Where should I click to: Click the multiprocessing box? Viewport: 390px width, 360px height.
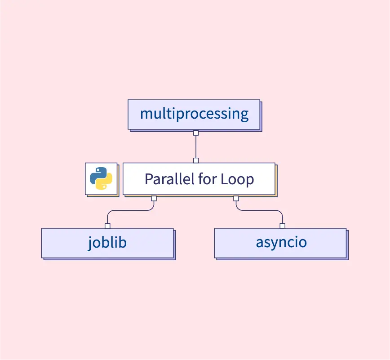[x=194, y=114]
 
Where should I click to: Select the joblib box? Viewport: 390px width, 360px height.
[x=107, y=243]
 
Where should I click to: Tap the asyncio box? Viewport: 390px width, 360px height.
[x=280, y=243]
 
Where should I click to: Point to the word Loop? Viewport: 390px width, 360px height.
[x=237, y=179]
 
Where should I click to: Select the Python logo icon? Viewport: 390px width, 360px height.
[x=101, y=178]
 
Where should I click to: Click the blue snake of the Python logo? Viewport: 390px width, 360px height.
[x=98, y=175]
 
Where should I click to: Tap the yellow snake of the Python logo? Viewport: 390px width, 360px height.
[x=105, y=182]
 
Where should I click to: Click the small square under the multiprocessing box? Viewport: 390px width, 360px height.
[x=196, y=133]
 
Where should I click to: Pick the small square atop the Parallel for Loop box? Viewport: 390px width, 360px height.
[x=196, y=160]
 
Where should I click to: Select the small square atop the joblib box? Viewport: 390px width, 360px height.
[x=107, y=226]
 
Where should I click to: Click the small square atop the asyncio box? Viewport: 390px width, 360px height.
[x=282, y=226]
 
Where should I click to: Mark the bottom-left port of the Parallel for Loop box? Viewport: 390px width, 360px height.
[x=154, y=198]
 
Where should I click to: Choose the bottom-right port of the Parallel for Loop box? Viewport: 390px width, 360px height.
[x=236, y=198]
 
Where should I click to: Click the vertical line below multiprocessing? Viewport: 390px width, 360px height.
[x=196, y=147]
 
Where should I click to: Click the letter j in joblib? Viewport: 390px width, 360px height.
[x=90, y=243]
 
